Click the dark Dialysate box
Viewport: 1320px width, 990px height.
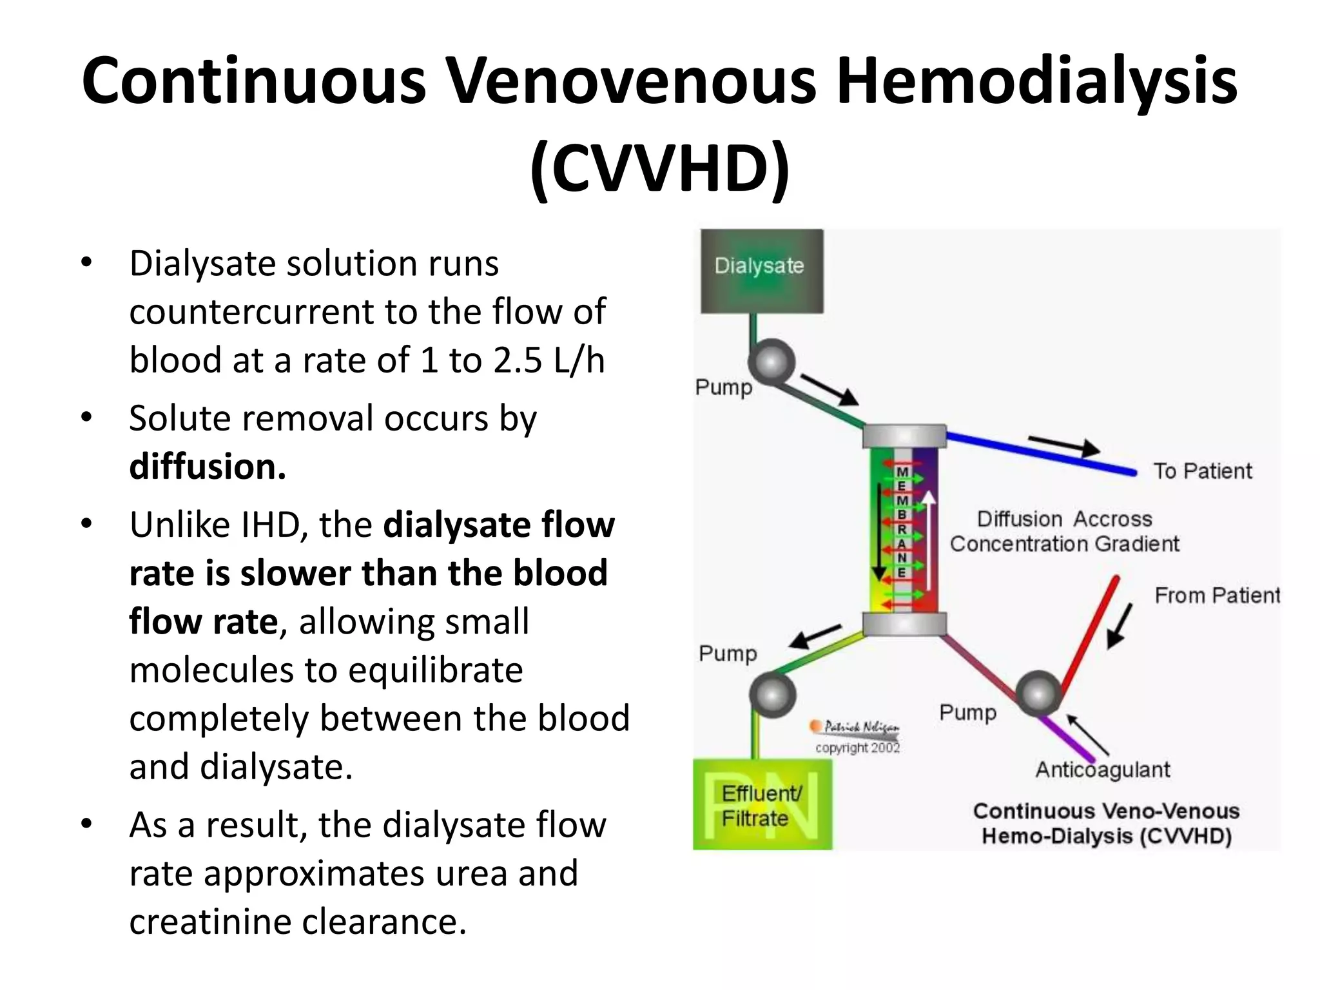(761, 271)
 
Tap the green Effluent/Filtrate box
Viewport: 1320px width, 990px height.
(762, 805)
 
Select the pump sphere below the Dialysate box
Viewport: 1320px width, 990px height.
(772, 362)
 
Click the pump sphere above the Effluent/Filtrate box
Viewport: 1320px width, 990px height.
(772, 695)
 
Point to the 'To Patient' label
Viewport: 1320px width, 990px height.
(1202, 471)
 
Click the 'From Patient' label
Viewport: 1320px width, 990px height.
(1216, 596)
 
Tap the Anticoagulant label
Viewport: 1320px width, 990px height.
(1102, 770)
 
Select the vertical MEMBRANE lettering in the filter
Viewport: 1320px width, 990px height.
(902, 522)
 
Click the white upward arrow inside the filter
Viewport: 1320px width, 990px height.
(928, 545)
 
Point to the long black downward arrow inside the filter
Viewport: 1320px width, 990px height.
(878, 532)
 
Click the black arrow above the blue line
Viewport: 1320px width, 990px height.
(1064, 445)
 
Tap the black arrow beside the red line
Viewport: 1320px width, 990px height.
(1120, 625)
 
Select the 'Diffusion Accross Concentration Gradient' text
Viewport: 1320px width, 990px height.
(1064, 532)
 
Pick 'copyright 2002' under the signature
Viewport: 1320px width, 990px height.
(857, 748)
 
